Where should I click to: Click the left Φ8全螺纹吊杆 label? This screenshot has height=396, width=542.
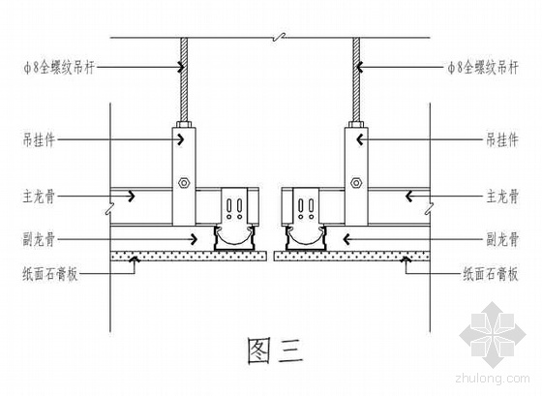pyautogui.click(x=59, y=68)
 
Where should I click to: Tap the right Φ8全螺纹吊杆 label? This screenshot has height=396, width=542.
pyautogui.click(x=483, y=68)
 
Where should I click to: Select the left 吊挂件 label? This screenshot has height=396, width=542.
pyautogui.click(x=39, y=140)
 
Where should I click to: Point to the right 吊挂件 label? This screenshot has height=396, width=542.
pyautogui.click(x=502, y=140)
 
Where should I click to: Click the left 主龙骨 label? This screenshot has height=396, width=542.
pyautogui.click(x=39, y=197)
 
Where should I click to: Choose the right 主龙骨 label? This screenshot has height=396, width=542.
pyautogui.click(x=502, y=197)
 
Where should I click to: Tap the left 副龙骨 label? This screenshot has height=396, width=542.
pyautogui.click(x=39, y=239)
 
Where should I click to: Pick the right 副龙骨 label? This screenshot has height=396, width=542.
pyautogui.click(x=502, y=239)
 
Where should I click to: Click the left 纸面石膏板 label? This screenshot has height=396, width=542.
pyautogui.click(x=50, y=274)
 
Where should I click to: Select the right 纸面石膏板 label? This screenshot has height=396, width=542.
pyautogui.click(x=491, y=274)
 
